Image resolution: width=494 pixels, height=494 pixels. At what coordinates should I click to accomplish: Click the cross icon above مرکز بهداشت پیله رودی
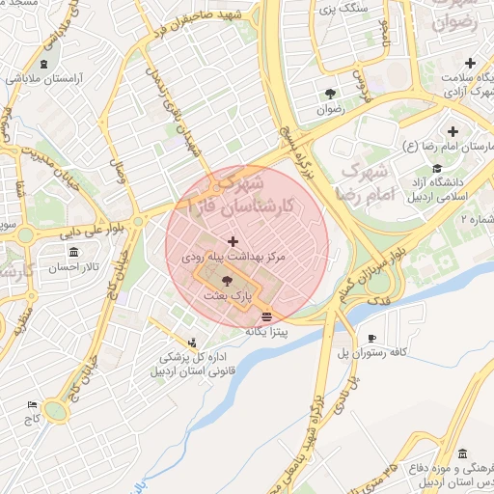(232, 241)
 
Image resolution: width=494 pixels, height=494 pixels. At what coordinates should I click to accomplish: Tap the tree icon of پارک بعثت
(227, 281)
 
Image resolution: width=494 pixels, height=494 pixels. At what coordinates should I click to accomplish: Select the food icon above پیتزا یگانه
(266, 316)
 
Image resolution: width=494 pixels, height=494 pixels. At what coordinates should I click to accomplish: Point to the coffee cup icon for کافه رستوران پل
(372, 338)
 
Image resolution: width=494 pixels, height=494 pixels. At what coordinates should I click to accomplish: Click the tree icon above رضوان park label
(331, 94)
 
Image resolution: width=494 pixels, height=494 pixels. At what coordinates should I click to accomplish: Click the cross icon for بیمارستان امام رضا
(453, 131)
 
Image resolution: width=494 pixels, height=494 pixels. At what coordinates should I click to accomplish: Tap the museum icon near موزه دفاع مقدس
(462, 453)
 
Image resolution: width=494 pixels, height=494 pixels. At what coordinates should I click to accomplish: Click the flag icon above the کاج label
(33, 405)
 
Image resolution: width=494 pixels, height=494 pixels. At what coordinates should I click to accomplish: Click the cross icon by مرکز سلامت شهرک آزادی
(470, 63)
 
